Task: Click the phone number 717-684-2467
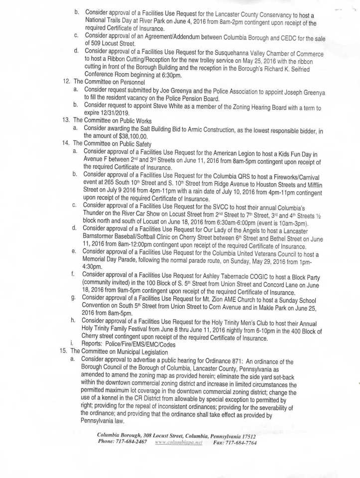point(130,442)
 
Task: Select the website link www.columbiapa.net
point(178,442)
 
